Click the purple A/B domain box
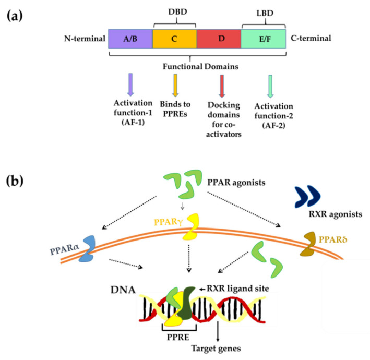tap(130, 38)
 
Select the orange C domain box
tap(174, 38)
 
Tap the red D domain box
tap(219, 38)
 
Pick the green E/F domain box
tap(263, 38)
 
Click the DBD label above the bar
tap(174, 12)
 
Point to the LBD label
tap(263, 12)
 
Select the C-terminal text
tap(310, 38)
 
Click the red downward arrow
tap(222, 85)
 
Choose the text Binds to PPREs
tap(175, 108)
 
